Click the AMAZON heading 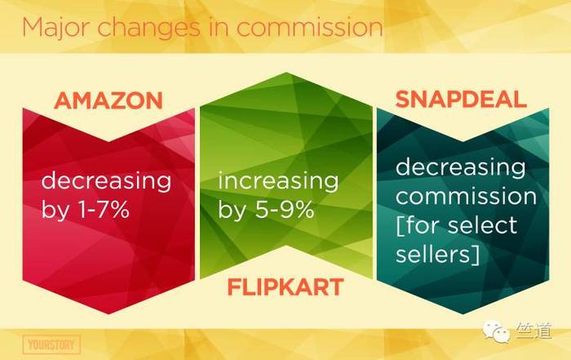pyautogui.click(x=108, y=100)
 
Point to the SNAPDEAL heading pyautogui.click(x=461, y=99)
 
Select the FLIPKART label pyautogui.click(x=285, y=287)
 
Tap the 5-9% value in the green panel pyautogui.click(x=284, y=209)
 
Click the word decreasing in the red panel pyautogui.click(x=106, y=181)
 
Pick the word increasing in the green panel pyautogui.click(x=279, y=181)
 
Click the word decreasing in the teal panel pyautogui.click(x=461, y=167)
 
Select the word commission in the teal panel pyautogui.click(x=466, y=196)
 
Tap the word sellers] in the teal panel pyautogui.click(x=437, y=254)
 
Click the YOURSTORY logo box pyautogui.click(x=51, y=344)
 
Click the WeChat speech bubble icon pyautogui.click(x=496, y=331)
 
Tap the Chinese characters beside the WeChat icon pyautogui.click(x=533, y=331)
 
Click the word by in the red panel pyautogui.click(x=55, y=210)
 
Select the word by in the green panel pyautogui.click(x=232, y=210)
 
